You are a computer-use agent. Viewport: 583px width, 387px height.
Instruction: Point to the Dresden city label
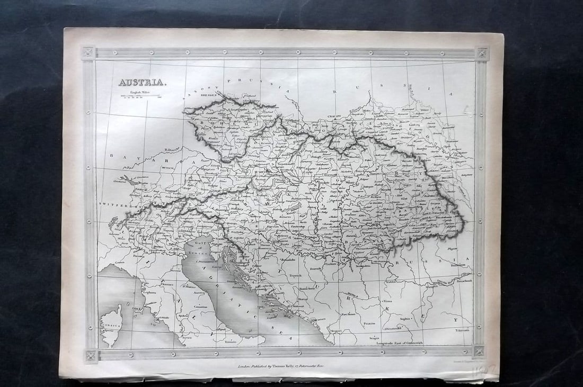pos(209,96)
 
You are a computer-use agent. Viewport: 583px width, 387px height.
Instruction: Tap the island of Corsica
pos(110,325)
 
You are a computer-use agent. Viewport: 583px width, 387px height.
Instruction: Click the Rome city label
pos(187,337)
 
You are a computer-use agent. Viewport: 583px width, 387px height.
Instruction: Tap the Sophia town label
pos(405,319)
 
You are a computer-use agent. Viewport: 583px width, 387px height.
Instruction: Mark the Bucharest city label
pos(459,266)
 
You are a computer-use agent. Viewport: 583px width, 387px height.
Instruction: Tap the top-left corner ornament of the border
pos(88,52)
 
